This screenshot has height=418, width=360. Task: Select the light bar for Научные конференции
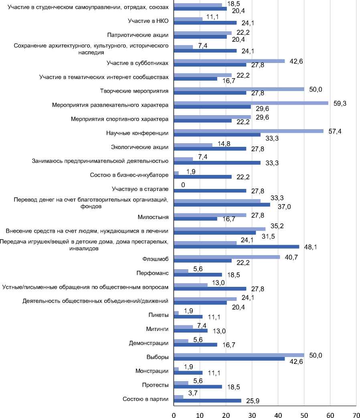(249, 131)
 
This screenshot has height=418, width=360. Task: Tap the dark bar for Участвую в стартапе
(210, 191)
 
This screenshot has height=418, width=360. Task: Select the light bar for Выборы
(239, 355)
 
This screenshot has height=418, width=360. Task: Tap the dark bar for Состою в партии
(208, 401)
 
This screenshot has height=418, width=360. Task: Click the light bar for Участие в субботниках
(229, 61)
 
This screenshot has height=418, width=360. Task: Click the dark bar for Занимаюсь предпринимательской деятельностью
(217, 163)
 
